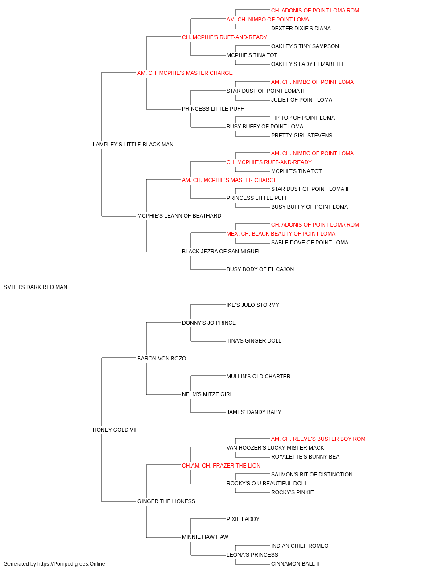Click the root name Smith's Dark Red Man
click(36, 287)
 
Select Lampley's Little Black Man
click(133, 145)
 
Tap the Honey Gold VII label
click(115, 430)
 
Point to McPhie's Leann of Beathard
click(179, 216)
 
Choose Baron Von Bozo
click(161, 358)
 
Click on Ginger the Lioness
click(166, 501)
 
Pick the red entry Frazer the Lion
click(221, 466)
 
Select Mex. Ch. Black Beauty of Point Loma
click(281, 234)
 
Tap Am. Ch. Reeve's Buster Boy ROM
click(318, 439)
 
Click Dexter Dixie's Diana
click(301, 29)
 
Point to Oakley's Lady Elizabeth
click(307, 64)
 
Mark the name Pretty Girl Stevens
click(301, 136)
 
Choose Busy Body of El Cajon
click(260, 269)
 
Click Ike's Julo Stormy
click(253, 305)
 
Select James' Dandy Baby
click(254, 412)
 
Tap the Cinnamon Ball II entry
click(295, 564)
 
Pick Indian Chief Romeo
click(300, 546)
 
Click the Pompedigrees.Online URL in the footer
click(71, 564)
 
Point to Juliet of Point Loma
click(301, 100)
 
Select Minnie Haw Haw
click(205, 537)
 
